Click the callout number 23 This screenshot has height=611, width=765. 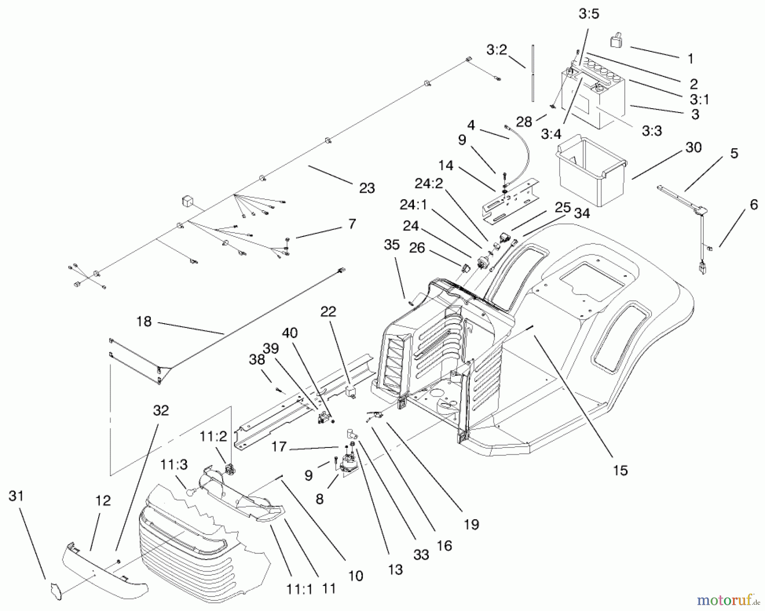pos(367,188)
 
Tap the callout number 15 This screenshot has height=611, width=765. pos(620,470)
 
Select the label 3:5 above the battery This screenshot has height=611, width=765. pos(589,14)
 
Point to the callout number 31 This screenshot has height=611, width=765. pos(16,496)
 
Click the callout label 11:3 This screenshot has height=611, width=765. pos(174,465)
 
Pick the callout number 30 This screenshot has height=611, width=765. pos(694,147)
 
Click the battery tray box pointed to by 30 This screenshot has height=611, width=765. pos(591,172)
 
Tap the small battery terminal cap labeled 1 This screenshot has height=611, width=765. pos(617,41)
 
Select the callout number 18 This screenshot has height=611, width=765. pos(144,321)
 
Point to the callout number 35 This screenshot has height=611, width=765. pos(392,245)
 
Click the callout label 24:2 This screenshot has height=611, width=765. pos(429,183)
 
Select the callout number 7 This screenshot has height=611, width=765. pos(351,224)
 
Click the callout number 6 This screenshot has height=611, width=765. pos(754,205)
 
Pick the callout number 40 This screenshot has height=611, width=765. pos(290,332)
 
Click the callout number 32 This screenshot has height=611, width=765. pos(161,410)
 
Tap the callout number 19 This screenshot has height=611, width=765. pos(471,524)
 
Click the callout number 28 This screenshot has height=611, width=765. pos(524,122)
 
